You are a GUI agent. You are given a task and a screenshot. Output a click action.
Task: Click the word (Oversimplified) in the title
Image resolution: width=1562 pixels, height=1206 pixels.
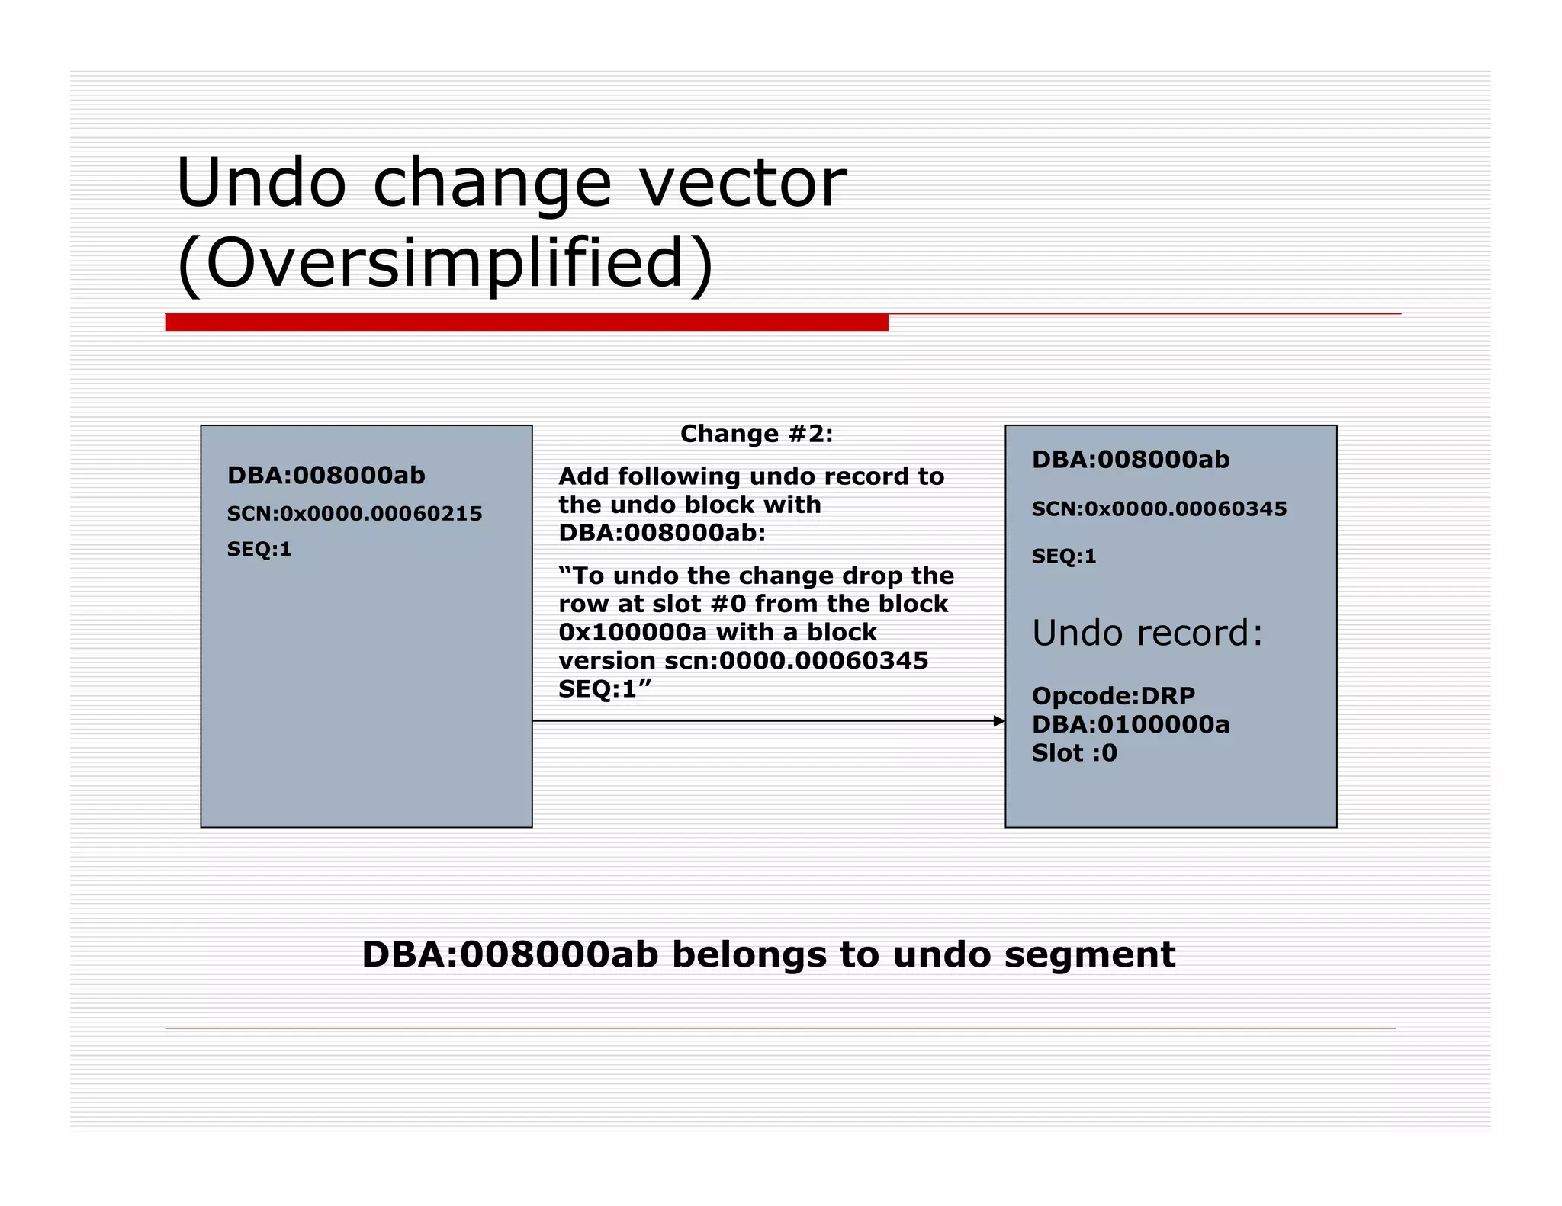[x=445, y=263]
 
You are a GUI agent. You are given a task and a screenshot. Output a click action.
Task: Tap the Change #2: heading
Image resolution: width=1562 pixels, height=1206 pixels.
[x=756, y=434]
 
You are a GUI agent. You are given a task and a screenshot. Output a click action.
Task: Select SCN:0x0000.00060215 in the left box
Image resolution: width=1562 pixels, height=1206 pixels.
[x=354, y=514]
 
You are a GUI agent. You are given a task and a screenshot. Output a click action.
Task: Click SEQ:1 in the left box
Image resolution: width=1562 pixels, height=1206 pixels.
[x=259, y=550]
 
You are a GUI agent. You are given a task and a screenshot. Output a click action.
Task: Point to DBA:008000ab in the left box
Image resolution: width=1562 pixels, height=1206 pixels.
[x=326, y=476]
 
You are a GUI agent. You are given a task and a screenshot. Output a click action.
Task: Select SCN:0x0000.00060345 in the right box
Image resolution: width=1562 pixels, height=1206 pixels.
[x=1159, y=509]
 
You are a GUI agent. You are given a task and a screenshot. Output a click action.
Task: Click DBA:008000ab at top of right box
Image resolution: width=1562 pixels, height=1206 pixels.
[x=1130, y=460]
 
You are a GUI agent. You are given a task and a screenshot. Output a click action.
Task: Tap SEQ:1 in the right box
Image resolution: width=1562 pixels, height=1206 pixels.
[x=1064, y=556]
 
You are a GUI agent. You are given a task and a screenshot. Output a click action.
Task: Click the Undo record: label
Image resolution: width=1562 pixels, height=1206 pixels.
[x=1147, y=633]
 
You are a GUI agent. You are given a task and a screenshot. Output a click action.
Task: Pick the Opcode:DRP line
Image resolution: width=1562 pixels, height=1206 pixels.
[x=1113, y=696]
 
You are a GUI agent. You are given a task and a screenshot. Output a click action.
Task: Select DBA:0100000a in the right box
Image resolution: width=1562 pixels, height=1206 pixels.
[x=1130, y=724]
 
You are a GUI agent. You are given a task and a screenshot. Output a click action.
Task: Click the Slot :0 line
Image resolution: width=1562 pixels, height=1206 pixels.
[x=1074, y=753]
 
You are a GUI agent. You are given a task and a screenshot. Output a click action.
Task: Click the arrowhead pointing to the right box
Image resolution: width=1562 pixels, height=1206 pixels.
[x=999, y=721]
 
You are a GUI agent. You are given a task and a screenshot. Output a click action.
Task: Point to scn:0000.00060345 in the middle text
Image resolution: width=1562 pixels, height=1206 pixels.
[x=795, y=661]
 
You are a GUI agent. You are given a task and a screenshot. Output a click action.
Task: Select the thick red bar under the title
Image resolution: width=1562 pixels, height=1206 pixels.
[x=526, y=322]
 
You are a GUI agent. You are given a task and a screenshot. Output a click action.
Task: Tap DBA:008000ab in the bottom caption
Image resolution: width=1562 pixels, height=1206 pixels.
[x=509, y=955]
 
